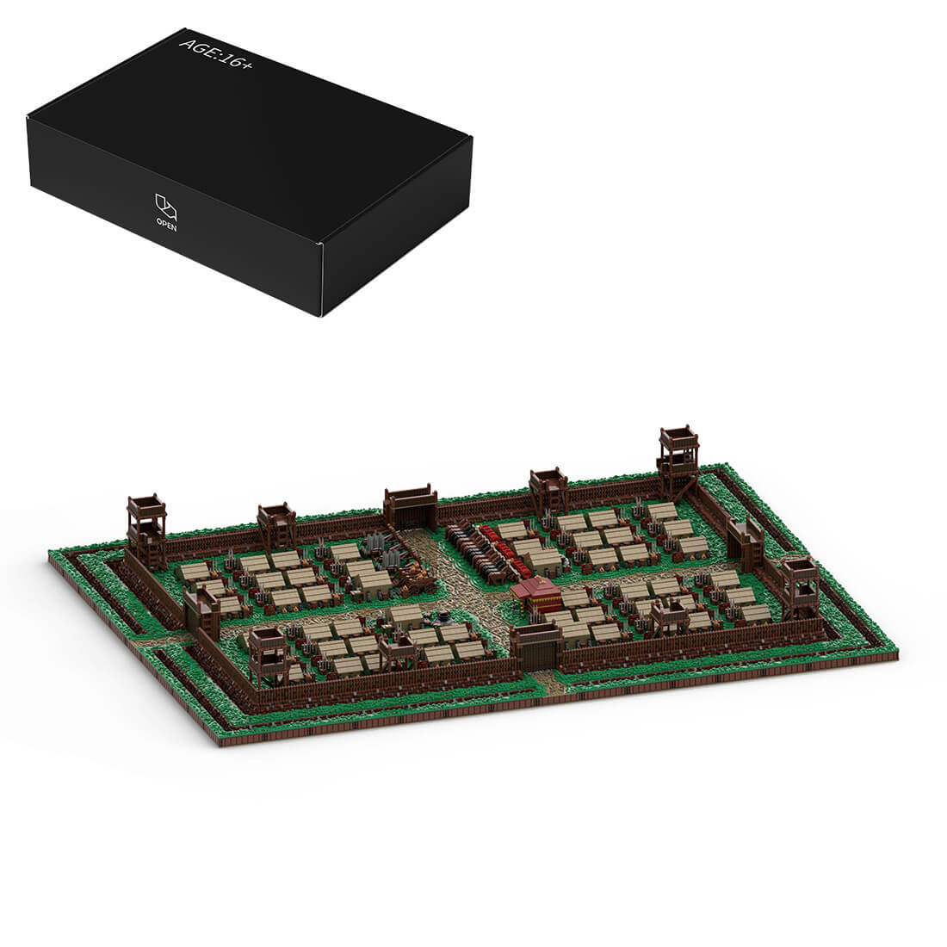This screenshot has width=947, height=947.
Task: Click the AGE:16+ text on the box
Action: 216,53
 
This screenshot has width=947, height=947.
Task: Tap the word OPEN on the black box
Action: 167,225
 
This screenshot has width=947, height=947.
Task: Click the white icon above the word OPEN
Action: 166,206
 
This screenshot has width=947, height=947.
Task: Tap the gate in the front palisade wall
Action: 535,648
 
